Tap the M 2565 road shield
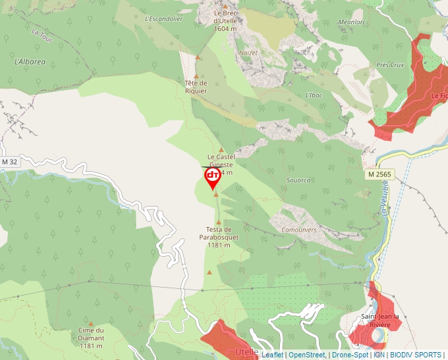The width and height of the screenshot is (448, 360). pos(379,174)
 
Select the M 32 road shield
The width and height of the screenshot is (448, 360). pos(9,162)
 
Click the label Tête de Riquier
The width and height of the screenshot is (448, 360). pos(196,87)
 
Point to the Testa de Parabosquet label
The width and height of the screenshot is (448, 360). pos(218,236)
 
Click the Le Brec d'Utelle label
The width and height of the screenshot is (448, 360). pos(225,20)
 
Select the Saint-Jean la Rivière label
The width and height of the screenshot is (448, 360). pos(380,321)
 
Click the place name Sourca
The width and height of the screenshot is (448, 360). pos(298,180)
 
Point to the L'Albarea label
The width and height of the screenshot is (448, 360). pos(30,62)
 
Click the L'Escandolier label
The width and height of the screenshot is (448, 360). pos(163,19)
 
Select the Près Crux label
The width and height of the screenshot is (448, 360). pos(390,65)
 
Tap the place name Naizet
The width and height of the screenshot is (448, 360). pos(248,52)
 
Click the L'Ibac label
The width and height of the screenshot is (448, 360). pos(314,95)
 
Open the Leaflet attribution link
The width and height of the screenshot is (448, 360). pos(272,355)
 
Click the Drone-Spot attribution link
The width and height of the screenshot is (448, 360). pos(350,355)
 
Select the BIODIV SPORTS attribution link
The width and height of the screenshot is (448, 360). pos(416,355)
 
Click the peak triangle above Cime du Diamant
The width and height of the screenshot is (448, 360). pos(91,323)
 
